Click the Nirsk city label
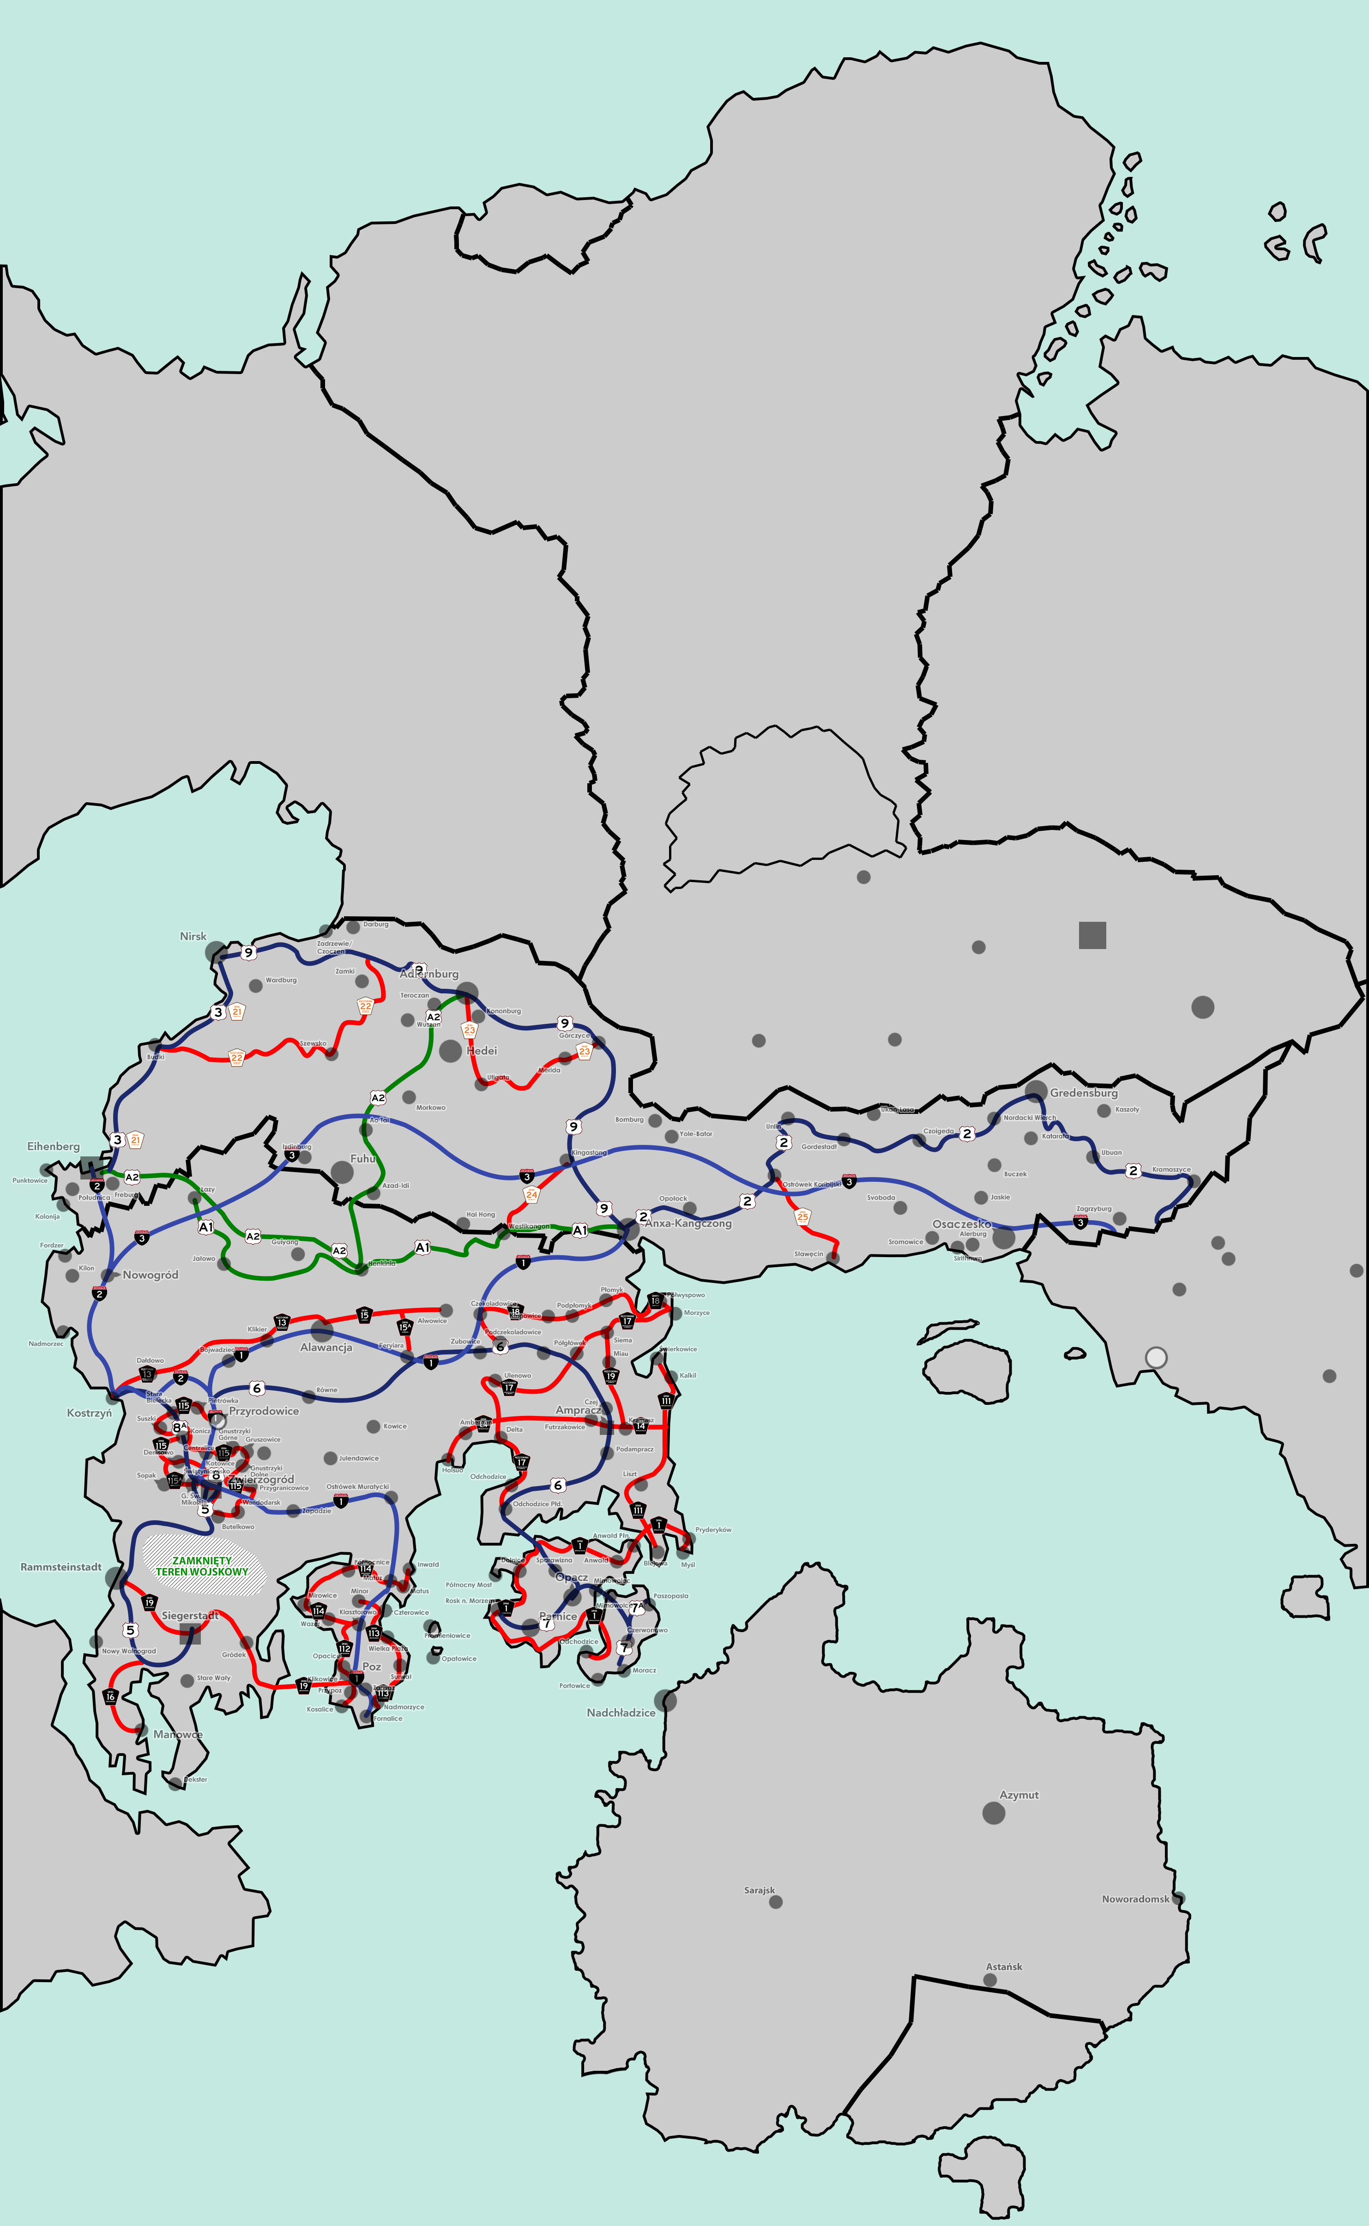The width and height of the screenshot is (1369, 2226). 193,937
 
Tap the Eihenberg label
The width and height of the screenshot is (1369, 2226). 54,1147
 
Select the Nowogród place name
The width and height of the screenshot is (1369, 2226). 151,1275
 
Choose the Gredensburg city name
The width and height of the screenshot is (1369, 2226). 1084,1093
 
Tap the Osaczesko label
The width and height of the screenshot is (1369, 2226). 962,1224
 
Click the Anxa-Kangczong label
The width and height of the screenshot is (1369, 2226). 688,1223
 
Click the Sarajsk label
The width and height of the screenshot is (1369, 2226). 760,1890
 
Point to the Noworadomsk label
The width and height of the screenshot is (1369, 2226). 1135,1899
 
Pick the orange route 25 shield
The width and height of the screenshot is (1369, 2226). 802,1216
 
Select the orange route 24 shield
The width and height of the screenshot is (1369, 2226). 531,1194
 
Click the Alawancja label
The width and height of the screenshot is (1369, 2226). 326,1348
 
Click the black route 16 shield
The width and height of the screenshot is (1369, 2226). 110,1696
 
